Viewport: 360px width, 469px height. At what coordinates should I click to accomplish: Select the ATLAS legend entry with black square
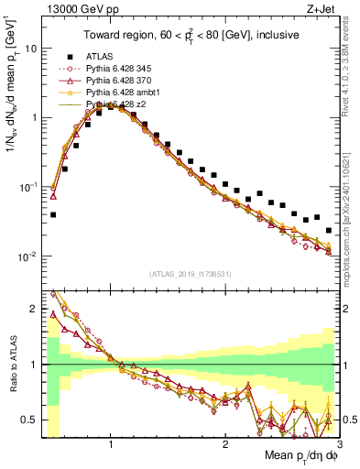pos(100,56)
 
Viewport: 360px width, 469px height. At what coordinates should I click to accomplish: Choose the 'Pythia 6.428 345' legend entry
pos(116,69)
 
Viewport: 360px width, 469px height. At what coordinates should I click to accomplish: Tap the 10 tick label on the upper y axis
pos(31,49)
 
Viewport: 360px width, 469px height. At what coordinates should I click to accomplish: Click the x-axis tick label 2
pos(225,445)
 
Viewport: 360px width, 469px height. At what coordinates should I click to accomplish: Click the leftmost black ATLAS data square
pos(53,215)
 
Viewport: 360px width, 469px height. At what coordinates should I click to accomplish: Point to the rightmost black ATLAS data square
pos(329,231)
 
